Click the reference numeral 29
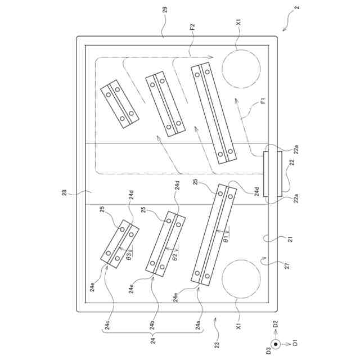(x=165, y=10)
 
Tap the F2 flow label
(x=192, y=27)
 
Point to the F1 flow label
(x=263, y=100)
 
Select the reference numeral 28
(x=65, y=192)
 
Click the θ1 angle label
(x=227, y=238)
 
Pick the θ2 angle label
(x=175, y=257)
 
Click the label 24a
(x=198, y=325)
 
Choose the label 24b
(x=152, y=325)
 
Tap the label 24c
(x=107, y=325)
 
